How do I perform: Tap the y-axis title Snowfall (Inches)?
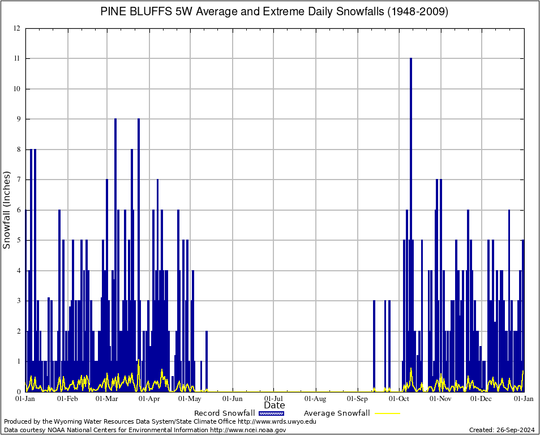[7, 210]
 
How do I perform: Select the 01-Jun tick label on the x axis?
[232, 399]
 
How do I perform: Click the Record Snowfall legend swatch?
[271, 413]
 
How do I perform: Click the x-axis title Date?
[275, 406]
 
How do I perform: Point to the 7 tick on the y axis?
[19, 180]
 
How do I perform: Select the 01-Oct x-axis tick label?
[399, 399]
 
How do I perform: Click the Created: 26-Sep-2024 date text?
[502, 430]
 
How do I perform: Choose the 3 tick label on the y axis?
[19, 301]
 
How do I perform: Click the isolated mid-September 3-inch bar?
[374, 346]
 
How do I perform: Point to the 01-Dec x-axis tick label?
[482, 399]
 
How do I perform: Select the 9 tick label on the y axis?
[19, 119]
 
